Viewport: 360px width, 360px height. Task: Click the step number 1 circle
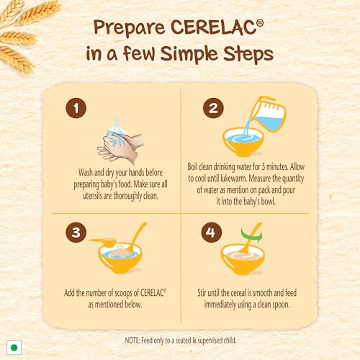(76, 108)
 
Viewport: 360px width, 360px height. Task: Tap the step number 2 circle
(213, 108)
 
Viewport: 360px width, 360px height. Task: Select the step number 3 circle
(76, 232)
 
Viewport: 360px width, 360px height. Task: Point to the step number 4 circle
(212, 232)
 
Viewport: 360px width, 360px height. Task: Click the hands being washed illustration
(120, 142)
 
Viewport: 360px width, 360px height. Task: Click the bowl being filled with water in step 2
(243, 142)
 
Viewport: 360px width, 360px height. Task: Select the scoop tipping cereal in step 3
(103, 242)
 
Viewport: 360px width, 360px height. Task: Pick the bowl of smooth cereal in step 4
(243, 259)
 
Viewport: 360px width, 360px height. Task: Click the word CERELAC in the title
(217, 27)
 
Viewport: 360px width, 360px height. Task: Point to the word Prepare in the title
(130, 28)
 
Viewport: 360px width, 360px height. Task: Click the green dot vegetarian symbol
(14, 347)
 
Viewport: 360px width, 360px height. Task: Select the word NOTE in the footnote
(132, 341)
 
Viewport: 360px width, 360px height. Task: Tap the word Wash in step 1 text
(86, 172)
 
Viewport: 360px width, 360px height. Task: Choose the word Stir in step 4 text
(202, 293)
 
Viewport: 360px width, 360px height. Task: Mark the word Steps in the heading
(248, 54)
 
